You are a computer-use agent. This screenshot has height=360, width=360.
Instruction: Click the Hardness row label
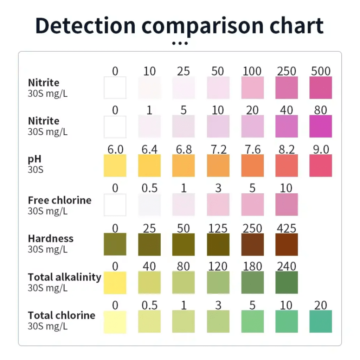point(51,238)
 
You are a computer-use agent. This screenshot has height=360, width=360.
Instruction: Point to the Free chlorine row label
point(59,200)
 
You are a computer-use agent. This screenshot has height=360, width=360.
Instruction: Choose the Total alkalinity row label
point(64,277)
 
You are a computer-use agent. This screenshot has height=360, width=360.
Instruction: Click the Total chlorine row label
point(62,315)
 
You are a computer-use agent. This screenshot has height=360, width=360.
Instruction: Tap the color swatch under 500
point(321,88)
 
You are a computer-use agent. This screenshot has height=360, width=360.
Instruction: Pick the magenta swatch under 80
point(321,126)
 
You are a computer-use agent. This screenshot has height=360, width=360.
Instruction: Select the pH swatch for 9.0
point(321,165)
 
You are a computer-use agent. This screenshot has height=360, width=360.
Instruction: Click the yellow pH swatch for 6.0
point(115,165)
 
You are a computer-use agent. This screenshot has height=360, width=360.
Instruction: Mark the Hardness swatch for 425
point(287,244)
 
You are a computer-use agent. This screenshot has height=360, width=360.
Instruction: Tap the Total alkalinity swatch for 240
point(287,282)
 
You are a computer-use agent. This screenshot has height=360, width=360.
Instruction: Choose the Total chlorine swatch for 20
point(321,321)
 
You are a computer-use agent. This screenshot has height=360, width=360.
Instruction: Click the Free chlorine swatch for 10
point(287,204)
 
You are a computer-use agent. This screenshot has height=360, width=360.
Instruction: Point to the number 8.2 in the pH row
point(287,149)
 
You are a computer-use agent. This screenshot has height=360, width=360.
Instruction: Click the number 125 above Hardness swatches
point(218,229)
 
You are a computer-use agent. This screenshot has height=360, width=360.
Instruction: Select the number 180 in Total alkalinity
point(252,266)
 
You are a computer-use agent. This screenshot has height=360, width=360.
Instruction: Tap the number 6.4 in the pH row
point(149,149)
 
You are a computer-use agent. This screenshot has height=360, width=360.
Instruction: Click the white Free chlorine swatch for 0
point(115,204)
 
